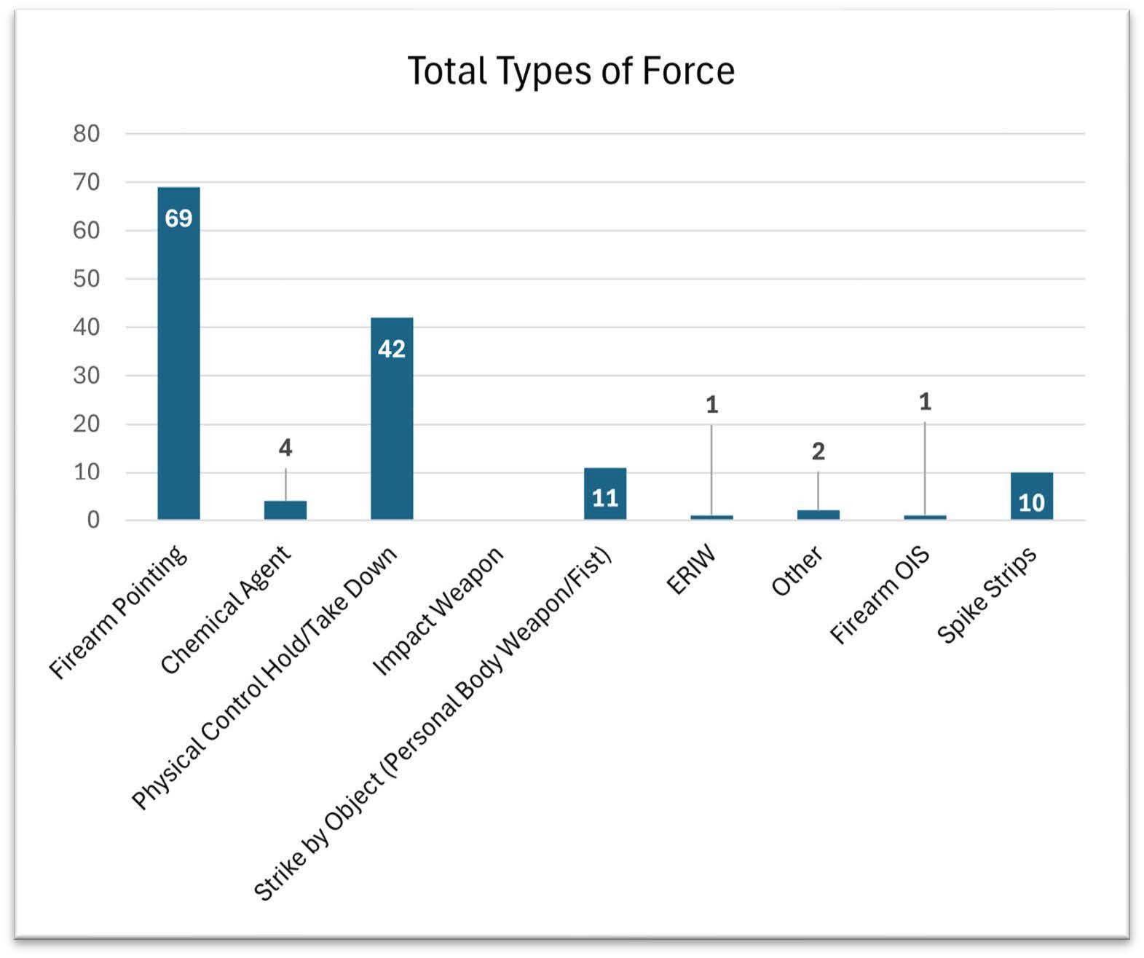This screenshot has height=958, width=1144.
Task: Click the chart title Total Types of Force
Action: coord(571,71)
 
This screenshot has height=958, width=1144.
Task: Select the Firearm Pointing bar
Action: coord(178,364)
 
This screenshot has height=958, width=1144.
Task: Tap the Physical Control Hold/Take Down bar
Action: coord(392,429)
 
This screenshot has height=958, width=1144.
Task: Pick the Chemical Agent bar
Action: coord(285,510)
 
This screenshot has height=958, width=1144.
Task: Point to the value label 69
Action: coord(178,218)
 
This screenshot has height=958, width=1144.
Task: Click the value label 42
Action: coord(392,349)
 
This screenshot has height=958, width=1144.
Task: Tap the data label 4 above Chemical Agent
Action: coord(285,448)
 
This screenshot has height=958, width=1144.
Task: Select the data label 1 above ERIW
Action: coord(712,404)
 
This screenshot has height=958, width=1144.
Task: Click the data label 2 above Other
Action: coord(818,451)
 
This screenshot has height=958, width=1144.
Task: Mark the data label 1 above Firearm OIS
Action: coord(925,401)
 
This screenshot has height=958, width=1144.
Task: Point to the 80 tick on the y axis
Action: coord(86,134)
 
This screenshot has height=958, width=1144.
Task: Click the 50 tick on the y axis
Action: coord(86,279)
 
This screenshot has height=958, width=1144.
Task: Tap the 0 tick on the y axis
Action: coord(93,520)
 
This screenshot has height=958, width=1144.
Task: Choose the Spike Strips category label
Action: coord(987,595)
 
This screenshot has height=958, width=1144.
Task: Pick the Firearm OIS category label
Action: coord(880,595)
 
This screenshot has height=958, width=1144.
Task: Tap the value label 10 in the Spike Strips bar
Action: coord(1031,503)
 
